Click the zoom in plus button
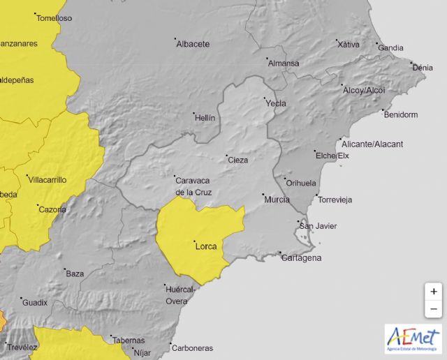pyautogui.click(x=434, y=292)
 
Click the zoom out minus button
pyautogui.click(x=434, y=308)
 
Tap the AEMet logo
pyautogui.click(x=413, y=338)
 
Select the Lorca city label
pyautogui.click(x=206, y=246)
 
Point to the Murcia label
pyautogui.click(x=277, y=200)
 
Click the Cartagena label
pyautogui.click(x=301, y=258)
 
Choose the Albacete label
pyautogui.click(x=193, y=44)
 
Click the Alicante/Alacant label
pyautogui.click(x=374, y=144)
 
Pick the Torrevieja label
pyautogui.click(x=335, y=200)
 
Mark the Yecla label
pyautogui.click(x=275, y=104)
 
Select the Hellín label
pyautogui.click(x=205, y=118)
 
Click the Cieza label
pyautogui.click(x=238, y=160)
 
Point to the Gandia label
pyautogui.click(x=391, y=48)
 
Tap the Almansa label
pyautogui.click(x=284, y=63)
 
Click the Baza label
pyautogui.click(x=75, y=273)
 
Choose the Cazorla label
pyautogui.click(x=53, y=209)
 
